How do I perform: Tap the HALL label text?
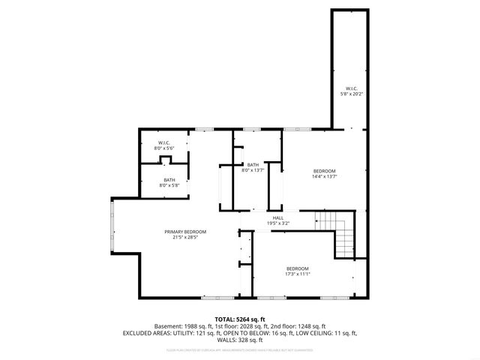278,218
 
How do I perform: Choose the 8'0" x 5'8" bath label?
169,184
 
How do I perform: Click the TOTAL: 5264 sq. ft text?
240,319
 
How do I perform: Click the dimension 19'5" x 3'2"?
278,223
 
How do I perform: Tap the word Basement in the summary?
169,326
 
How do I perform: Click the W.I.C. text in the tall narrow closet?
350,88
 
